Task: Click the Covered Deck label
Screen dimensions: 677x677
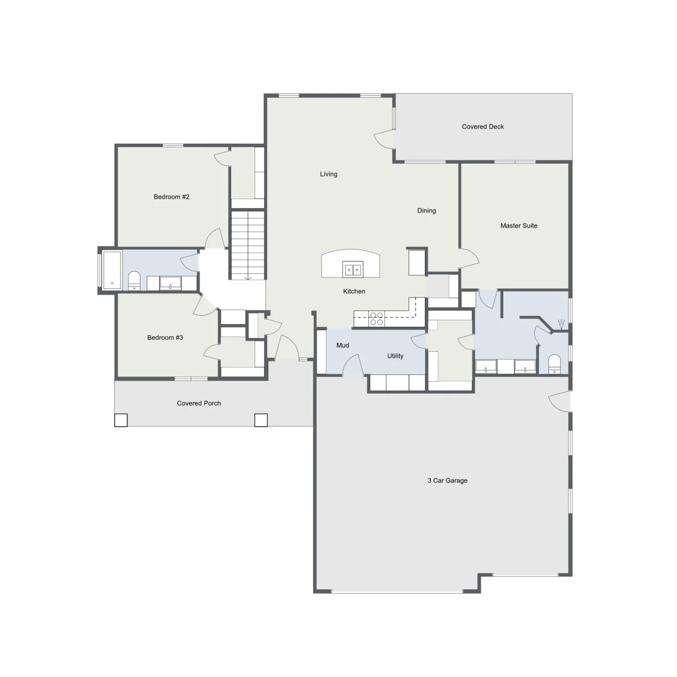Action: tap(482, 126)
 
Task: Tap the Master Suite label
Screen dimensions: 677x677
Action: tap(518, 226)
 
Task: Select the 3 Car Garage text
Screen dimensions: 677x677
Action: tap(447, 480)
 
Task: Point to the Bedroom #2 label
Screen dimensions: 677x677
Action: tap(171, 197)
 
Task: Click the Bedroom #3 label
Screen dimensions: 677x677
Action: tap(165, 338)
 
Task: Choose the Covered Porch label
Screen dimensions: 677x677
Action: tap(199, 403)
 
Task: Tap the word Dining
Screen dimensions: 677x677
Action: tap(427, 211)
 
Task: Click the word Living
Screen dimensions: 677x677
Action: tap(329, 174)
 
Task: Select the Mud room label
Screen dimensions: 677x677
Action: tap(342, 345)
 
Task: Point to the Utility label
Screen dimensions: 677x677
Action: tap(395, 356)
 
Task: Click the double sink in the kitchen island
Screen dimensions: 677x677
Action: tap(353, 270)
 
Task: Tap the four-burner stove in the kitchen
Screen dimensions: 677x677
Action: tap(376, 319)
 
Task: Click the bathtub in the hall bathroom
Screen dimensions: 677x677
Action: tap(112, 270)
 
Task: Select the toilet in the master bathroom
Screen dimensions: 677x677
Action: tap(555, 364)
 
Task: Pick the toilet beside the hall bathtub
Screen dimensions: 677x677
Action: tap(134, 281)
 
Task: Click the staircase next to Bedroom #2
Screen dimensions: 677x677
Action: tap(248, 245)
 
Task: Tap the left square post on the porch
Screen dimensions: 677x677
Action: tap(121, 420)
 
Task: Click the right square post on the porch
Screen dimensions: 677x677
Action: tap(261, 420)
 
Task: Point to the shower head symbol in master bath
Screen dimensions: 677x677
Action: tap(561, 324)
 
